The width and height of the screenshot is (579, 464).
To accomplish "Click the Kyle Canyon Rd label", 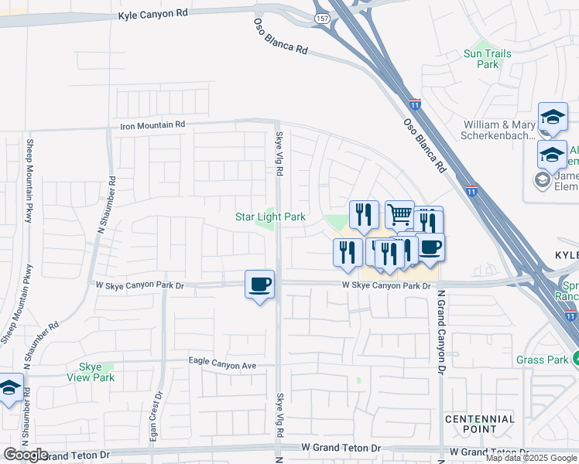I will pos(153,15).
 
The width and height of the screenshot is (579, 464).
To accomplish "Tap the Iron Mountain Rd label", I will pos(152,125).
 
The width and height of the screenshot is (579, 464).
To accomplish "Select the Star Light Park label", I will pos(270,217).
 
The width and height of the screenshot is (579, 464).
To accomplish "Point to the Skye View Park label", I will pos(97,372).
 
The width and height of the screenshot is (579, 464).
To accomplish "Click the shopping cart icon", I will pos(399,214).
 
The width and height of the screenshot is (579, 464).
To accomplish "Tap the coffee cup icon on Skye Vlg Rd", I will pos(260,284).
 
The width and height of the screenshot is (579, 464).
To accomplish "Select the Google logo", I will pos(26,455).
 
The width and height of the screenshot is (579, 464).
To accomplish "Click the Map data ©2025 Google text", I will pos(532,458).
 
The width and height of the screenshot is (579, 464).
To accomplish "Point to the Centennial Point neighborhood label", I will pos(480,424).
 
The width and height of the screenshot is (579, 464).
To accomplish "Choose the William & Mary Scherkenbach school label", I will pos(499,130).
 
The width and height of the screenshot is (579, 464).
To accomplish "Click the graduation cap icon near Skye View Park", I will pos(10,388).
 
